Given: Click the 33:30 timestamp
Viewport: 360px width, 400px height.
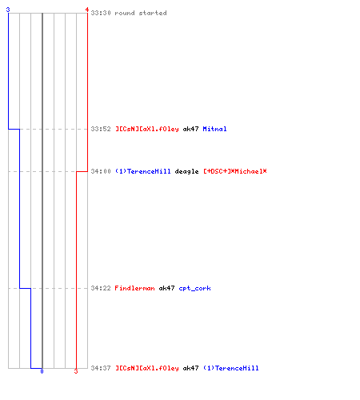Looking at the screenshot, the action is coord(101,13).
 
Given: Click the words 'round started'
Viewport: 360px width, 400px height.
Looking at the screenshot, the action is coord(141,13).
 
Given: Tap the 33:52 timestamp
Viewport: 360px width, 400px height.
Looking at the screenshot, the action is coord(101,129).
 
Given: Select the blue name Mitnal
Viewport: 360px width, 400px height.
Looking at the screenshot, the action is coord(214,129).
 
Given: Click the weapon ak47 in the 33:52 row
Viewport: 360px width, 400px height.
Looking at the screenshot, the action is coord(190,129).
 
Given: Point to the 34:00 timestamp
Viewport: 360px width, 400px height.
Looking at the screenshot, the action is coord(101,171).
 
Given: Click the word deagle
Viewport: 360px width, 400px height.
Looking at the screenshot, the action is coord(186,171).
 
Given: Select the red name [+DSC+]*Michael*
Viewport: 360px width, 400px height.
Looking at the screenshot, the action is coord(235,171).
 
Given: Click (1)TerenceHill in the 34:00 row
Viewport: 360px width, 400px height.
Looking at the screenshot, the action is coord(143,171).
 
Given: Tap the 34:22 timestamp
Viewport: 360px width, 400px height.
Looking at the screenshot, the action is coord(101,288).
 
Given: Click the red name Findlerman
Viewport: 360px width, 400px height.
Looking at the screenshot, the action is coord(134,288).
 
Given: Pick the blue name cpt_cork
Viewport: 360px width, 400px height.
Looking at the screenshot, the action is coord(195,288).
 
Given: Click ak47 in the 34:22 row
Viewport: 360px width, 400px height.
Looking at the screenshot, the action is coord(166,288).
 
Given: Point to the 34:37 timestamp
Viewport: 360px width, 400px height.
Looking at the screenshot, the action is coord(101,368).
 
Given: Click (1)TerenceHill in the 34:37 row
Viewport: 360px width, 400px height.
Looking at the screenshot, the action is coord(231,368).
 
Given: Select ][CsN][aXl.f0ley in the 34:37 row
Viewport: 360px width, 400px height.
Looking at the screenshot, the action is coord(147,368).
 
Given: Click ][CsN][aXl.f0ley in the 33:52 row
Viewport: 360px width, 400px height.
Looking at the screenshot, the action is coord(147,130).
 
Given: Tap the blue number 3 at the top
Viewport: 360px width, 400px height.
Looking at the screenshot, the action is coord(8,10).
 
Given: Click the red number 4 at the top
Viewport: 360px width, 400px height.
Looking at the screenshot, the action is coord(87,10).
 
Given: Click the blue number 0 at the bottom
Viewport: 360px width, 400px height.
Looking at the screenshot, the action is coord(42,371).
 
